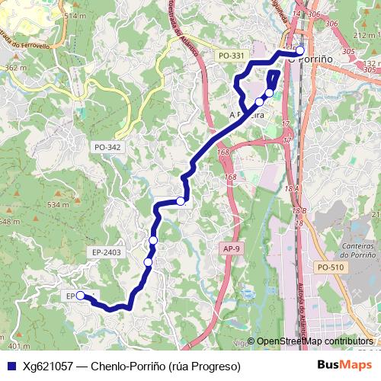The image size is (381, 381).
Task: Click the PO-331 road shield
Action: pos(231,56)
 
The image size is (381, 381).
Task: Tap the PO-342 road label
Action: pos(107,146)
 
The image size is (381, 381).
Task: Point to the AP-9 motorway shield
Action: pos(232,248)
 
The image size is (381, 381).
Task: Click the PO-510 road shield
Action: pos(331,267)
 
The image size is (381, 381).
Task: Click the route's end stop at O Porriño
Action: pos(299,51)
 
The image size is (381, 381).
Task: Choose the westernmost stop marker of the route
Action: pos(80,296)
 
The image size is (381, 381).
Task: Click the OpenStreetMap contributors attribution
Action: pos(314,342)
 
